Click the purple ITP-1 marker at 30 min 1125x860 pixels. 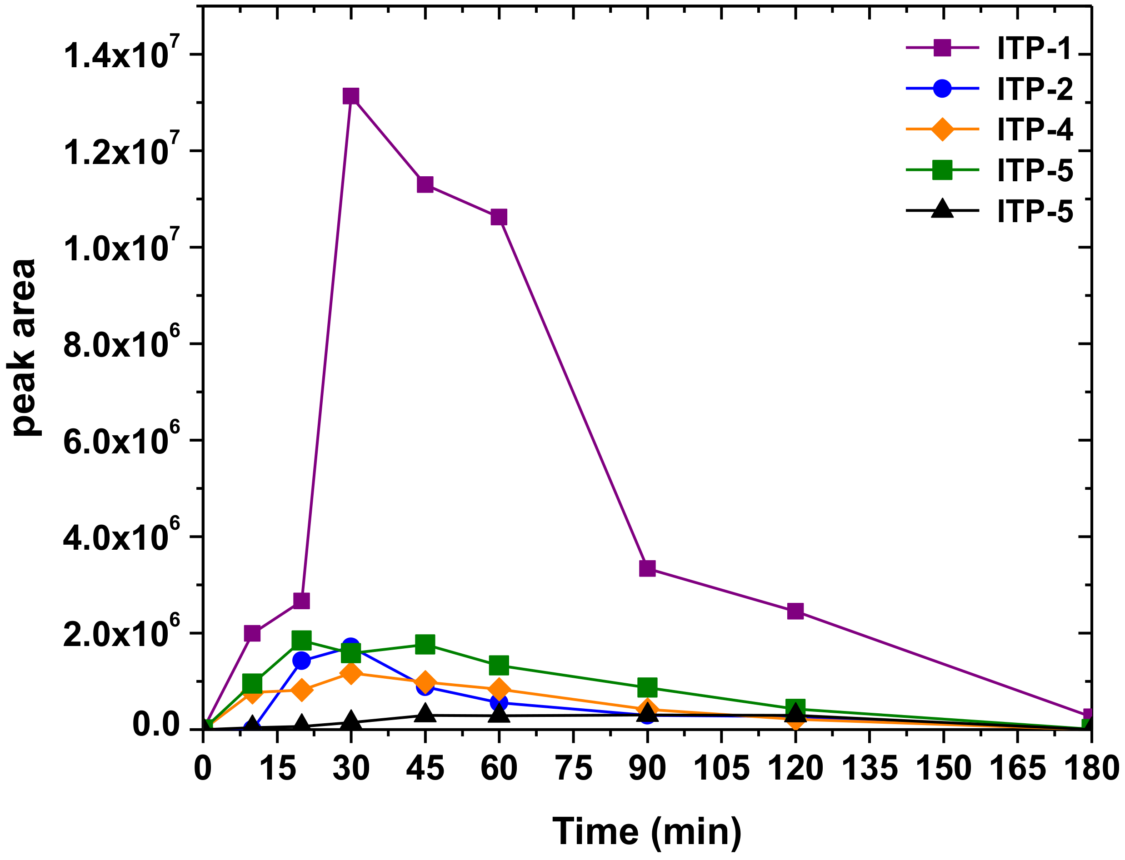coord(351,96)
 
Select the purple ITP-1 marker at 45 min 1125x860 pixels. coord(425,184)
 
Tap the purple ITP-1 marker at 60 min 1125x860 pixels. coord(499,217)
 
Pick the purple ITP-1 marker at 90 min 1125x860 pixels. coord(647,568)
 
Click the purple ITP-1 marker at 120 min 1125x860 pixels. coord(795,611)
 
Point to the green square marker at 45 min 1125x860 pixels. coord(425,645)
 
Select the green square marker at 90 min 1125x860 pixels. coord(647,688)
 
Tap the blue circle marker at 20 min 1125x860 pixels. coord(302,661)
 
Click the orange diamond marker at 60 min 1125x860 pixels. coord(499,690)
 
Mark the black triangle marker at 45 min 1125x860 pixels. coord(425,713)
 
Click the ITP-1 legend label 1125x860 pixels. coord(1035,49)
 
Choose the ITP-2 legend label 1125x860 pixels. coord(1035,89)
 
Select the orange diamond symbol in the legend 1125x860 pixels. coord(942,129)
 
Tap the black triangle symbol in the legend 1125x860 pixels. coord(942,209)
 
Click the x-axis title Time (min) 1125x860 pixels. coord(647,831)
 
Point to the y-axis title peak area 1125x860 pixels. coord(24,348)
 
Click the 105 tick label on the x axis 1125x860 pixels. coord(721,769)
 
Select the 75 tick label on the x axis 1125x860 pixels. coord(574,769)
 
